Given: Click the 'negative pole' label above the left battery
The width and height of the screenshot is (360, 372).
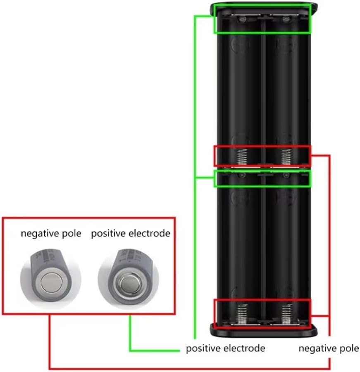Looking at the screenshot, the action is (x=51, y=233).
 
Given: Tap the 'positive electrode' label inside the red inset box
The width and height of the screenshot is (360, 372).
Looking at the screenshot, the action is (x=131, y=233).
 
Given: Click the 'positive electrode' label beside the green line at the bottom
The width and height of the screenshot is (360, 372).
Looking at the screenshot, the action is (x=226, y=348).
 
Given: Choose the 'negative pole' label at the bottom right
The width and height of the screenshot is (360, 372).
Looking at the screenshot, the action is (x=329, y=348).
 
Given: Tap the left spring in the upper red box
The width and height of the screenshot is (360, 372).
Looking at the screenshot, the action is (x=242, y=157).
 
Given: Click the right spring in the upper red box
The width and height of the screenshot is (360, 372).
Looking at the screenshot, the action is (x=286, y=157).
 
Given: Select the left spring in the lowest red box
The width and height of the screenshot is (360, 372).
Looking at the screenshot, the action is (x=242, y=313).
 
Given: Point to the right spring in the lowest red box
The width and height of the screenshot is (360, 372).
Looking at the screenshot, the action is (x=286, y=313).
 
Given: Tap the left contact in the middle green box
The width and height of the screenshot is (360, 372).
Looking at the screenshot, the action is (x=242, y=175).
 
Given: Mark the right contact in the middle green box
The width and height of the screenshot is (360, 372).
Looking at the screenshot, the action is (x=286, y=175).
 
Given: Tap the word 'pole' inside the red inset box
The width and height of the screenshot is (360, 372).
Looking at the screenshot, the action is (x=72, y=233).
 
